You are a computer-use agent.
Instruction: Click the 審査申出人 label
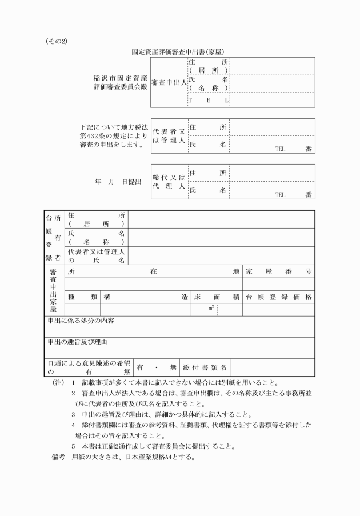[x=169, y=82]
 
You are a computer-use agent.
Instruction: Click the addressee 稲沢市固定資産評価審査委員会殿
[x=112, y=82]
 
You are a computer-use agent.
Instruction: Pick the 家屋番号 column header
[x=279, y=272]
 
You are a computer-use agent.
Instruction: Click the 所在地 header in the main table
[x=153, y=272]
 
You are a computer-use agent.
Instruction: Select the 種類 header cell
[x=83, y=297]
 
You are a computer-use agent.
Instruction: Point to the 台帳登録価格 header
[x=279, y=297]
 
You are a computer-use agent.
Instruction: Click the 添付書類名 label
[x=205, y=367]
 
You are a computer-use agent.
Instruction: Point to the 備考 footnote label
[x=59, y=457]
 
